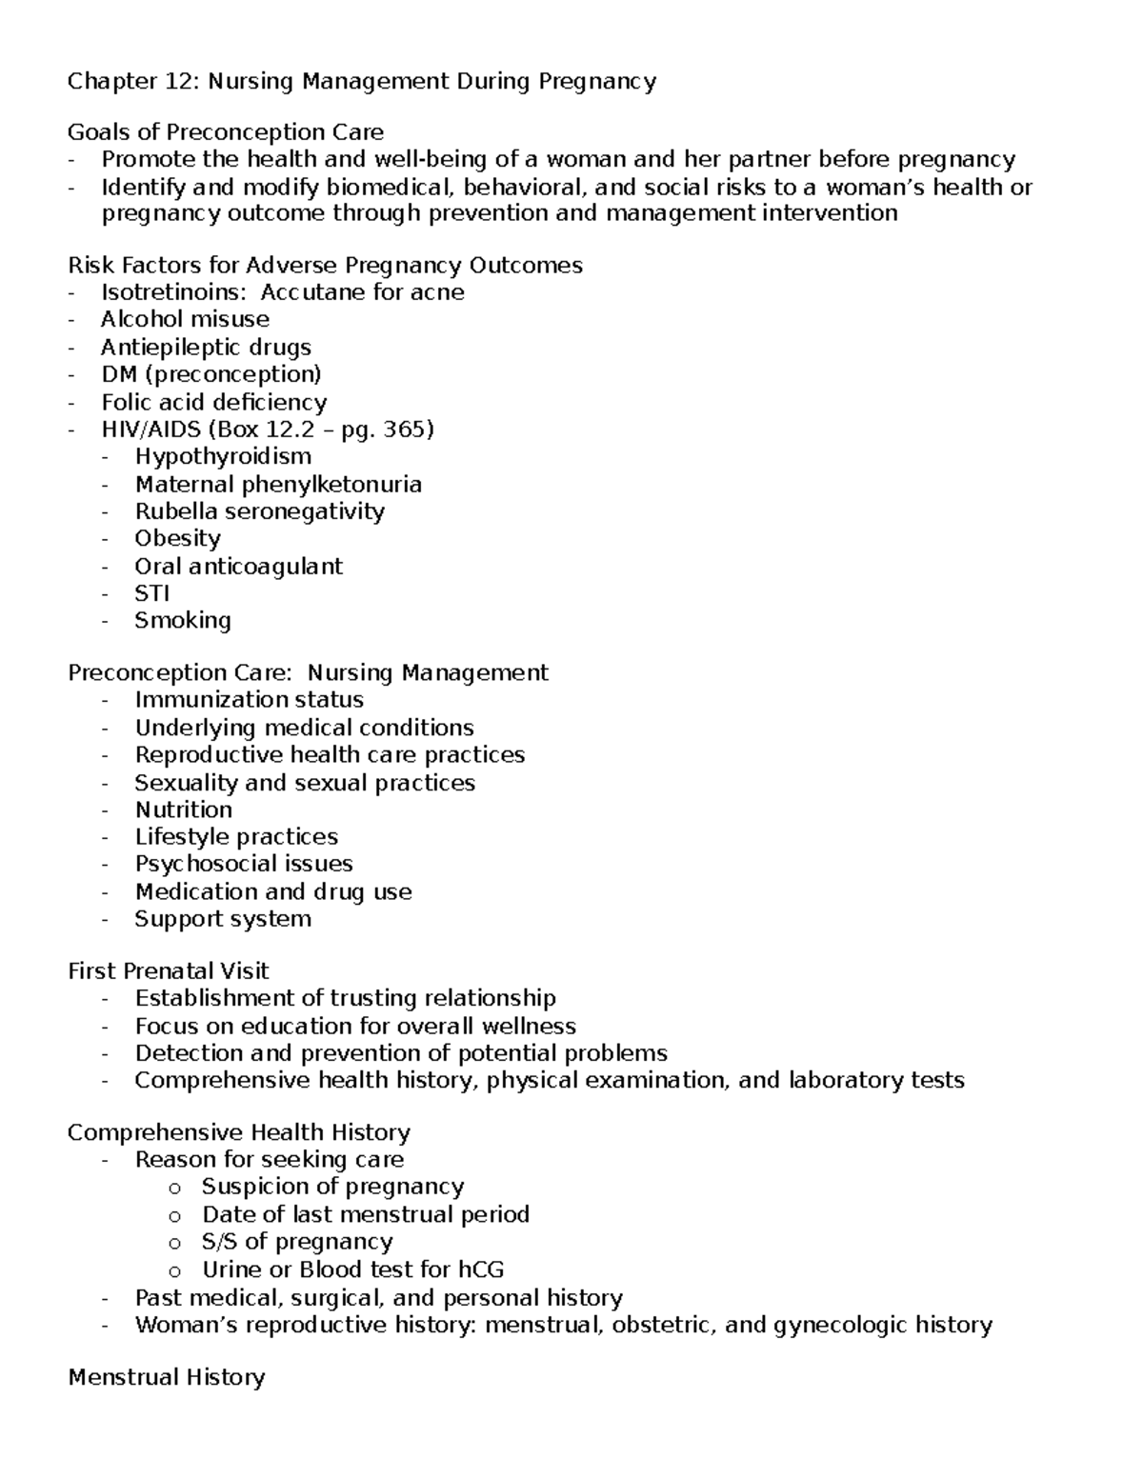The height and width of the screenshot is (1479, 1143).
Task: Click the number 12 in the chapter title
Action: (180, 81)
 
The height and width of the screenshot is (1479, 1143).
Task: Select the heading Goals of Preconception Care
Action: (226, 131)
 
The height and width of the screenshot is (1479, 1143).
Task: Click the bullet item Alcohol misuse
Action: (185, 319)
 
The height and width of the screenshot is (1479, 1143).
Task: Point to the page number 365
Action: (404, 430)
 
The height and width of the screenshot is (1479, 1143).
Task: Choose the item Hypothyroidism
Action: (223, 456)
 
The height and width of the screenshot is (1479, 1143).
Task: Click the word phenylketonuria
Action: (331, 484)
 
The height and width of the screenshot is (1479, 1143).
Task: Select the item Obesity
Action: (177, 538)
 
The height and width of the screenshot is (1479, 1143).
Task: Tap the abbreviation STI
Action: (152, 593)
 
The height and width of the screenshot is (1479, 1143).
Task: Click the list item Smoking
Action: (183, 621)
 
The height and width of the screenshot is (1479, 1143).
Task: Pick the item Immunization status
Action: (249, 700)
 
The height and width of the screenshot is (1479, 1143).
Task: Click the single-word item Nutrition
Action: (184, 809)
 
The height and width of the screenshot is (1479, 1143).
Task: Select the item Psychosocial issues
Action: (244, 864)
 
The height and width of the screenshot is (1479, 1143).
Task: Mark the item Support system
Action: (223, 919)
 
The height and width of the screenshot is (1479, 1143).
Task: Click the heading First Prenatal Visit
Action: (169, 971)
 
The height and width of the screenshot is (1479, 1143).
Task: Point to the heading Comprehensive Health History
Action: (239, 1132)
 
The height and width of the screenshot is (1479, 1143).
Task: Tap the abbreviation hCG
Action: (481, 1269)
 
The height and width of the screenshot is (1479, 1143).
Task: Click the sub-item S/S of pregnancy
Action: (297, 1242)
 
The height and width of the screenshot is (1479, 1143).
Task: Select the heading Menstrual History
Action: (167, 1377)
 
